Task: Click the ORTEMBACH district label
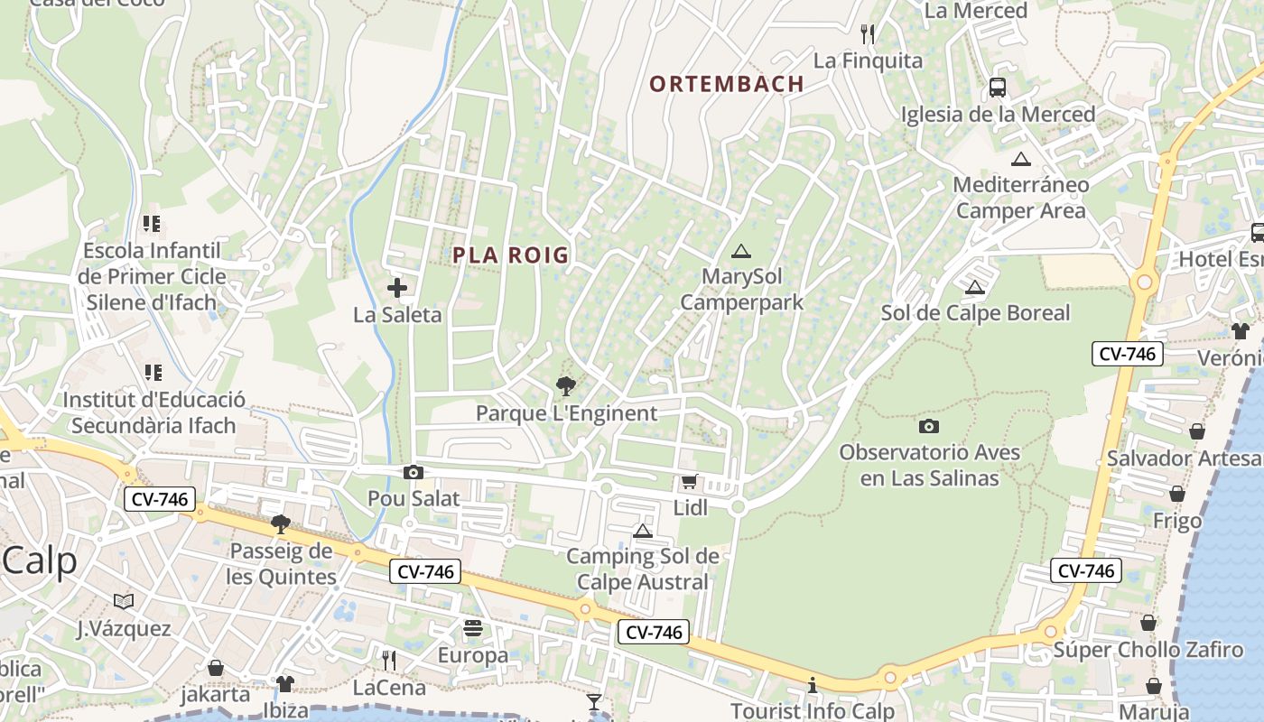727,84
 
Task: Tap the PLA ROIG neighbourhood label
511,255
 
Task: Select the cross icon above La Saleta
397,288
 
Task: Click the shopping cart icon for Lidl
690,482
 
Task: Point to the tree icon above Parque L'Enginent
566,386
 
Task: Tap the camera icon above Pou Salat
414,472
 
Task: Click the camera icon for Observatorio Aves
929,426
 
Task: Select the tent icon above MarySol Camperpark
741,251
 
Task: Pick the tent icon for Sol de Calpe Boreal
974,288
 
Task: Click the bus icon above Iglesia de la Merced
998,88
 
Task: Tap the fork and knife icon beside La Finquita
868,34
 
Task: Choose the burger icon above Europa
473,628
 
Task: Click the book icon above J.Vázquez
124,601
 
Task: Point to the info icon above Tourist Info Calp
813,686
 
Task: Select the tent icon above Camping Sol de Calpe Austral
643,531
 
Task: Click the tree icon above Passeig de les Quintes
281,524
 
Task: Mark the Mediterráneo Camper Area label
1021,198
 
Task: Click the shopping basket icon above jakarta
216,668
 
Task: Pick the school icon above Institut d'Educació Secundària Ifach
153,372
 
